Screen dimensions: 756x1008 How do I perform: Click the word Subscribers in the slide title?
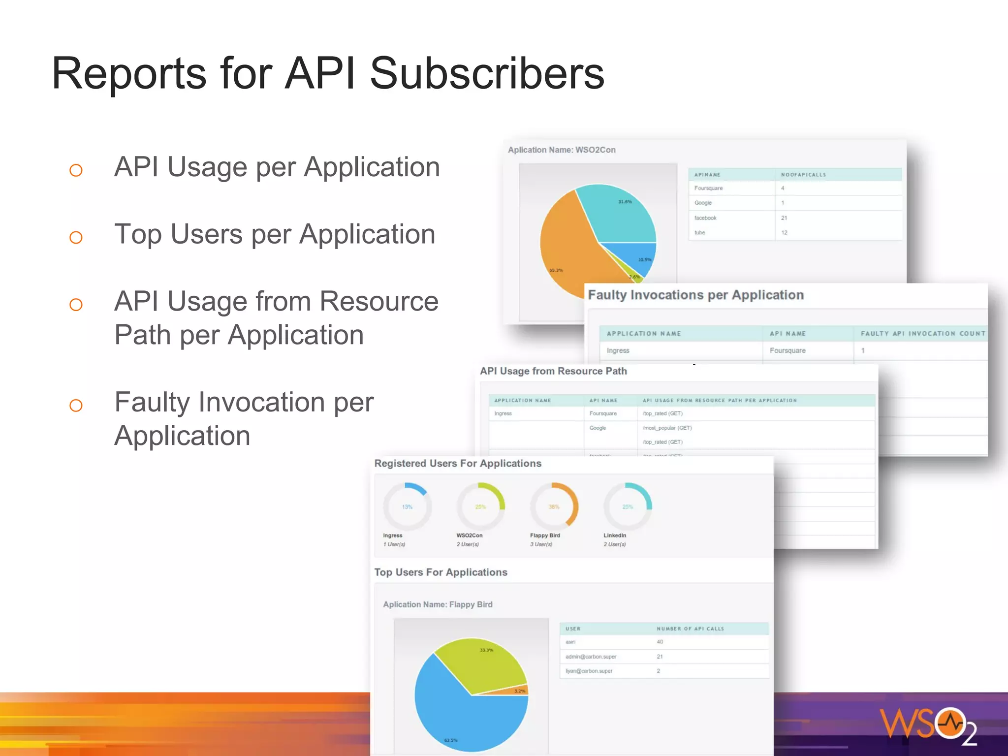[x=486, y=74]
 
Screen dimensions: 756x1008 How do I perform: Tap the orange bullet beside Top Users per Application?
[x=76, y=238]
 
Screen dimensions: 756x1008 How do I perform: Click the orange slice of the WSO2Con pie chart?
[x=566, y=246]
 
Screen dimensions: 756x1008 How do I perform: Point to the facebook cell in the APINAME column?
[x=705, y=218]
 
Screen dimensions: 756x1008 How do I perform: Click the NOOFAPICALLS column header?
[x=803, y=175]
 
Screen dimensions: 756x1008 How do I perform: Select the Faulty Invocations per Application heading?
[x=695, y=295]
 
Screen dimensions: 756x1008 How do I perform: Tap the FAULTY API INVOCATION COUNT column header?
[x=922, y=334]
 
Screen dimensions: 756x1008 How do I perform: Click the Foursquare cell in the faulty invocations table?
[x=787, y=350]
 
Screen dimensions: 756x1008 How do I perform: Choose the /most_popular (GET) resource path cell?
[x=667, y=428]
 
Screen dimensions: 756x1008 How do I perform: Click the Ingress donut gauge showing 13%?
[x=407, y=506]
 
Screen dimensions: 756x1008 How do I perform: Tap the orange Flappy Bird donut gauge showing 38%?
[x=554, y=506]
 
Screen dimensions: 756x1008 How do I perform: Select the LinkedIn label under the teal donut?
[x=615, y=535]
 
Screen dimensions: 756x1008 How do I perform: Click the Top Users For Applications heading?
[x=441, y=572]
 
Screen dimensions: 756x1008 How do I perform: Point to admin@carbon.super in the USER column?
[x=591, y=657]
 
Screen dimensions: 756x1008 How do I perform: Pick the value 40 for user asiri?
[x=660, y=642]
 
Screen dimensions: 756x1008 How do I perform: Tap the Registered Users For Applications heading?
[x=458, y=464]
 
